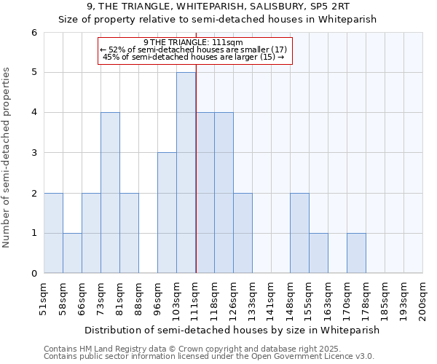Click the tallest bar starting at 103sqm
click(186, 173)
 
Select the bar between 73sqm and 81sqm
click(110, 193)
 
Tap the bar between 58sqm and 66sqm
click(72, 253)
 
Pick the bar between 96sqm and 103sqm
click(167, 213)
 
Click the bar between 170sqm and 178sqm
click(356, 253)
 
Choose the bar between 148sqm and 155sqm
click(299, 233)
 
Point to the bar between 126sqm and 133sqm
click(243, 233)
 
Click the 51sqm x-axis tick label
click(44, 298)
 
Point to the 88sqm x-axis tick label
click(139, 298)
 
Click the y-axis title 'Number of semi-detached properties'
click(7, 158)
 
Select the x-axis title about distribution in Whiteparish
click(232, 330)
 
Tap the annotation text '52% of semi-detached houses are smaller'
click(194, 50)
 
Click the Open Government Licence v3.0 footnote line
click(209, 357)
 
